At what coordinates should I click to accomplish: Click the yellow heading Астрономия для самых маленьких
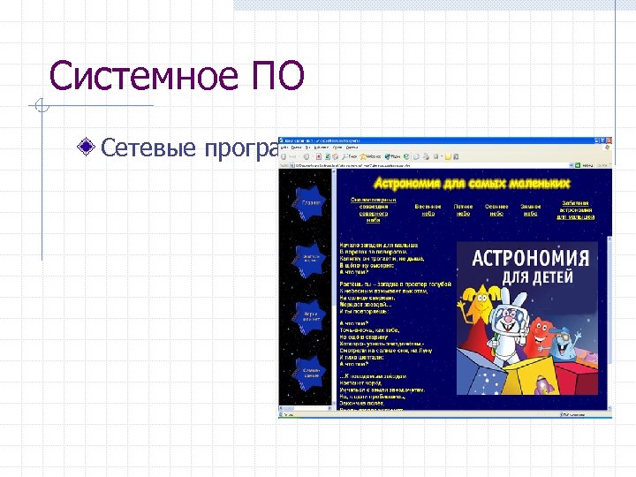point(473,184)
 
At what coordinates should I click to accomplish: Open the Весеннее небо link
point(428,209)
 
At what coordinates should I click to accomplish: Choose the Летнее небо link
point(464,209)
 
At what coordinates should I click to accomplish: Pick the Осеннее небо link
point(496,209)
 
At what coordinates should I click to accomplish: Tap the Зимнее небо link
point(531,209)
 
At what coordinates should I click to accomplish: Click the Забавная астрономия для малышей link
point(574,209)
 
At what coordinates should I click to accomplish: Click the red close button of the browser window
point(606,141)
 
